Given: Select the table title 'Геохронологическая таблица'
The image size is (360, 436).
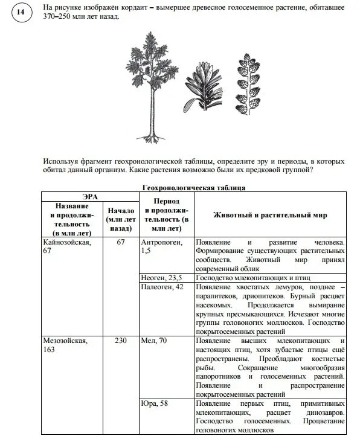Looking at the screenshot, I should coord(193,188).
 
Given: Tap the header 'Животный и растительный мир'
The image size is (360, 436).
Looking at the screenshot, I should coord(270,215).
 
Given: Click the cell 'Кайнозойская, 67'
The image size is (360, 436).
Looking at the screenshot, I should coord(66,246).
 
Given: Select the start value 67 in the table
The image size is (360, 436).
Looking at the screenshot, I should coord(120,242).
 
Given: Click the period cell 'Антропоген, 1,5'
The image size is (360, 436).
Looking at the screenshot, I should coord(159,246).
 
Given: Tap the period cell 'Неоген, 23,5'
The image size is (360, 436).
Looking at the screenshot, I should coord(161,277).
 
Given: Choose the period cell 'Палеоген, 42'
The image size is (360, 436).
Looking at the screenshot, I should coord(162,287).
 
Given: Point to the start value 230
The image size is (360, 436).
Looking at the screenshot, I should coord(120,341).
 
